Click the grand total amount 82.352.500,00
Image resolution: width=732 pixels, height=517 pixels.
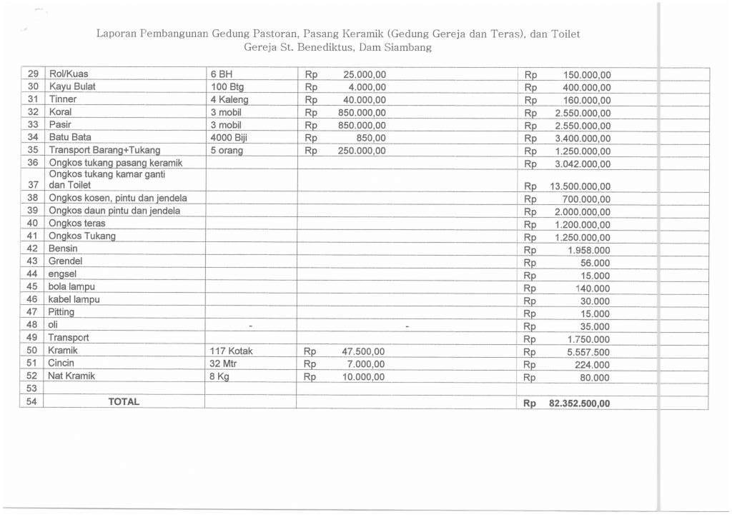580,403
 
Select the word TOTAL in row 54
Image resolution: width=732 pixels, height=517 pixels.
124,401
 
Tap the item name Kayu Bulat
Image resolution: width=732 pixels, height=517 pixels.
71,87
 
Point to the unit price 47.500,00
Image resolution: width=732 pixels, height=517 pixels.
362,351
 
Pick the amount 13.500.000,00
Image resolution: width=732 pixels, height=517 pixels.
580,186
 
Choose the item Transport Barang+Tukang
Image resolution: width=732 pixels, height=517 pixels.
104,150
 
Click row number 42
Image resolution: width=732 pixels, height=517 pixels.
31,249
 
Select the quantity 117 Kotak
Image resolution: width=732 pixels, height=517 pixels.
232,351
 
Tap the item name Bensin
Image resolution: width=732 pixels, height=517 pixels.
63,249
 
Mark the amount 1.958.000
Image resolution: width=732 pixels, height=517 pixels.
588,251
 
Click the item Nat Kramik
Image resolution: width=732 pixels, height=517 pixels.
71,376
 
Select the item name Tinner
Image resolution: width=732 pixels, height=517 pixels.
62,99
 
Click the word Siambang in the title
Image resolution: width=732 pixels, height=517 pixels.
407,48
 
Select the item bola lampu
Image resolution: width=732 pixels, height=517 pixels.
71,286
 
